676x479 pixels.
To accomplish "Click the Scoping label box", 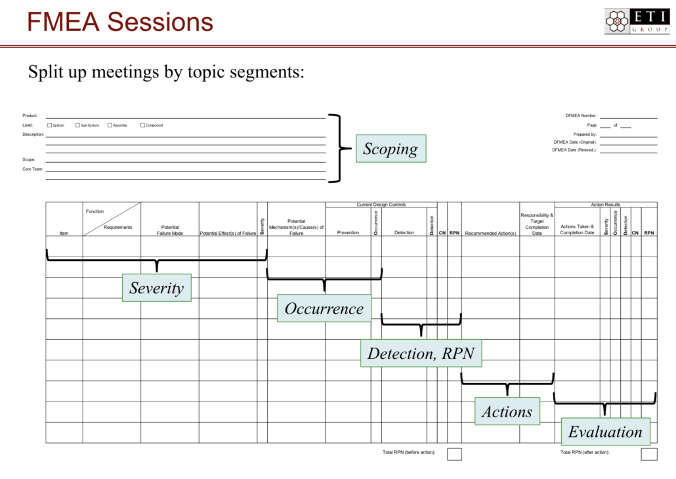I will [391, 149].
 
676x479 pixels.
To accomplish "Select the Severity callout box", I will [156, 287].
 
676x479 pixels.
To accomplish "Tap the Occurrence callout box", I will [324, 308].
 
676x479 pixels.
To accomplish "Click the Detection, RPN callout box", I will [421, 353].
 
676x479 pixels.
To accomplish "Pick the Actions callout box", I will [507, 411].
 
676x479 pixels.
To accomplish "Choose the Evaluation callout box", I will [605, 432].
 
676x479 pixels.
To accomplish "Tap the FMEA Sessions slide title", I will [120, 22].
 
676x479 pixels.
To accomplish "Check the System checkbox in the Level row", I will [50, 125].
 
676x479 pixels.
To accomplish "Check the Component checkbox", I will [142, 125].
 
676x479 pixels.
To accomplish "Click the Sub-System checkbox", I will [77, 125].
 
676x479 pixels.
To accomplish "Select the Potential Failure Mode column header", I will [170, 230].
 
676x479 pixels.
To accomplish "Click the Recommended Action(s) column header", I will [490, 233].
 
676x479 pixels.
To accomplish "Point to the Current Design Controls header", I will [381, 205].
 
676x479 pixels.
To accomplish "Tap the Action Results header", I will [605, 205].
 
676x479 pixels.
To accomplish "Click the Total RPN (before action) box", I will [454, 453].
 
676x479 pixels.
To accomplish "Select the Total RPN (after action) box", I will [648, 453].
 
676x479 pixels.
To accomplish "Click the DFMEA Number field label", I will [581, 115].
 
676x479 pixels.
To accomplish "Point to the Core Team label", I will [33, 169].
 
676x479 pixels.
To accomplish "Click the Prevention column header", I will [348, 233].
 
